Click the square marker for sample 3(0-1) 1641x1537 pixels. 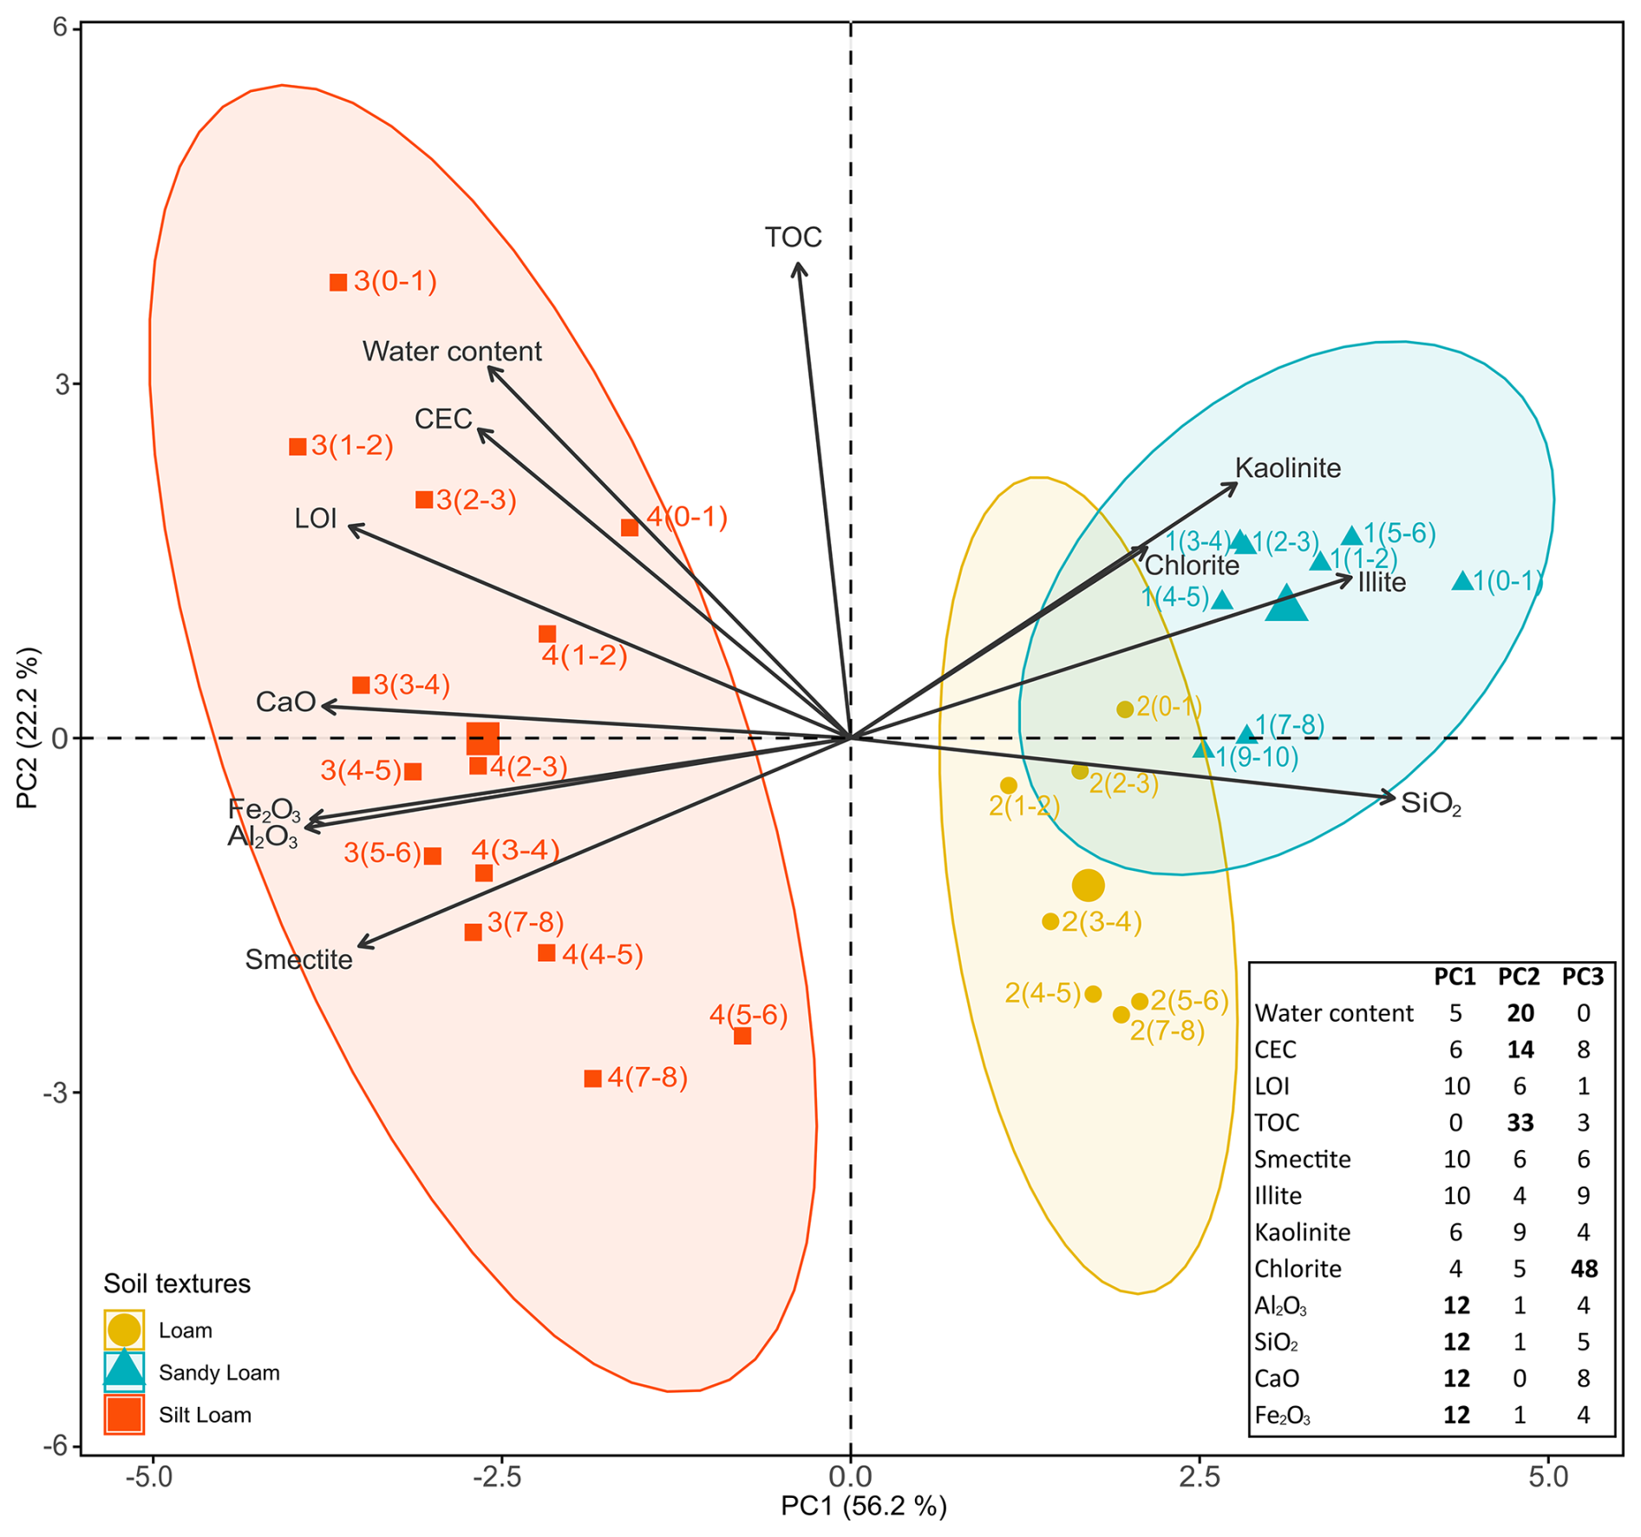click(338, 282)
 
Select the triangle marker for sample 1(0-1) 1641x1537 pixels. click(1462, 581)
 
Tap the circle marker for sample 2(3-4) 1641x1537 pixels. click(1050, 921)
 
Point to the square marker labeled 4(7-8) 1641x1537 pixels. click(593, 1078)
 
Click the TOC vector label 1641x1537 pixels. click(793, 238)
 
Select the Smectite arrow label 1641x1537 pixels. click(298, 959)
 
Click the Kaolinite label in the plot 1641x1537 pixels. click(1288, 468)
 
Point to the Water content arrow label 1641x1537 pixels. click(452, 351)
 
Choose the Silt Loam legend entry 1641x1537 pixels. click(205, 1415)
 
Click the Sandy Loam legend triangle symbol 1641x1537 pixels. click(124, 1370)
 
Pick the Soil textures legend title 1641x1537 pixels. click(177, 1284)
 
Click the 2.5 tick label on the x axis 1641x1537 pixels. click(1200, 1475)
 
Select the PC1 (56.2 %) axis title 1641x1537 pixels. click(864, 1507)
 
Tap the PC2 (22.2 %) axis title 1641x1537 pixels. click(29, 727)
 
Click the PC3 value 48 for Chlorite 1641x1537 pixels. click(1584, 1269)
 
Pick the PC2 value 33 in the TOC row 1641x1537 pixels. click(1520, 1123)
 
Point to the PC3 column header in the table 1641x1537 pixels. click(1583, 978)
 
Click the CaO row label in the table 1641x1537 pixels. click(1278, 1378)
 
